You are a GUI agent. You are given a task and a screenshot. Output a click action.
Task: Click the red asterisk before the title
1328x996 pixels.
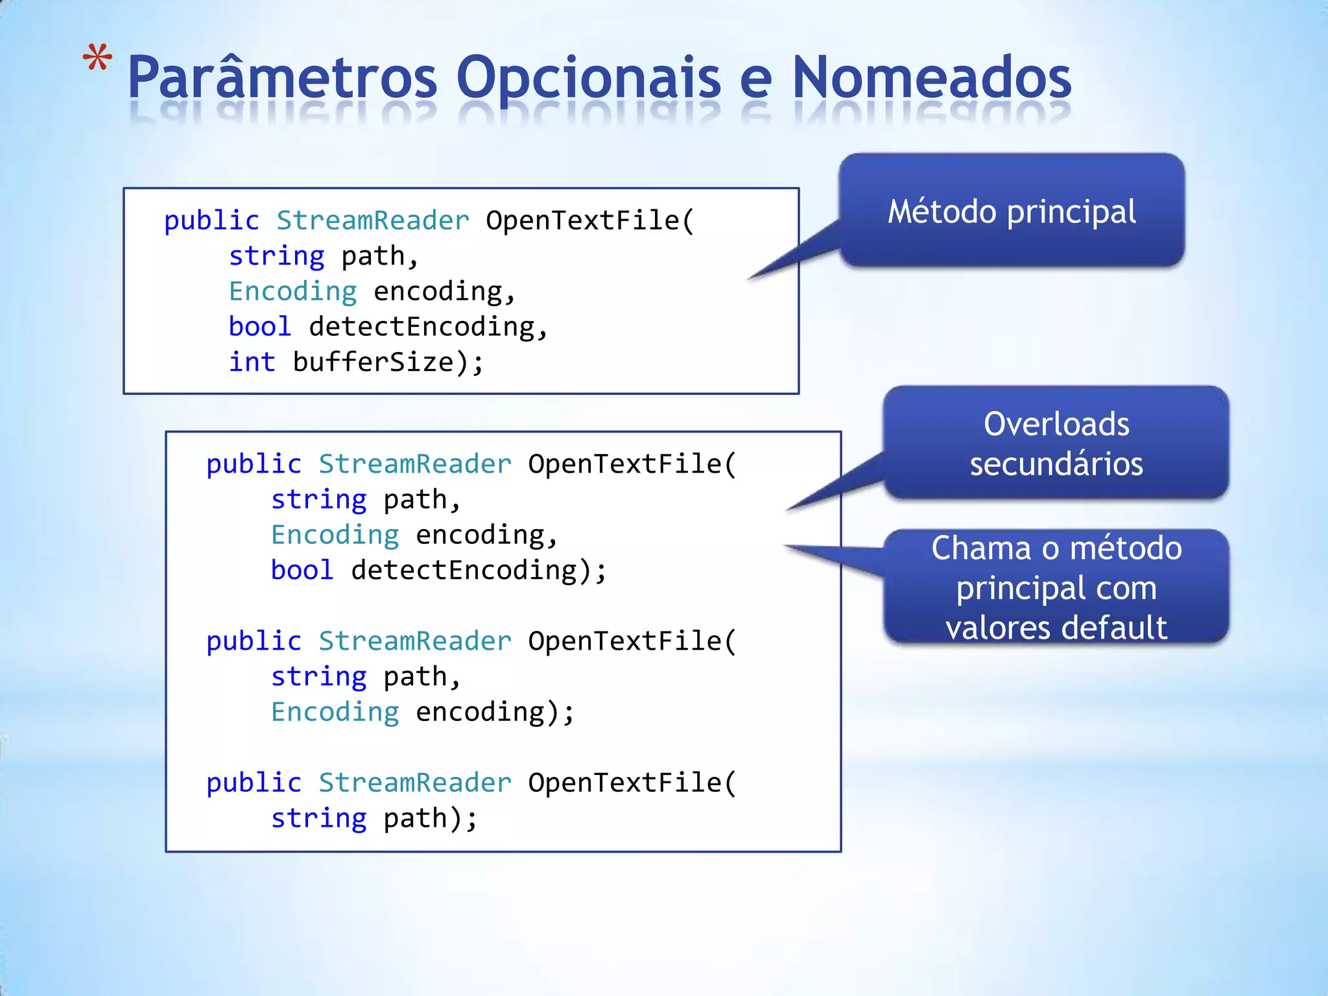pyautogui.click(x=97, y=60)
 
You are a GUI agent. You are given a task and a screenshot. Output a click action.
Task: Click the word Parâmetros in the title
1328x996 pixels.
pyautogui.click(x=283, y=78)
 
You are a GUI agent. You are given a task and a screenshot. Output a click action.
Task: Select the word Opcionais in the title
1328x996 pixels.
pyautogui.click(x=588, y=78)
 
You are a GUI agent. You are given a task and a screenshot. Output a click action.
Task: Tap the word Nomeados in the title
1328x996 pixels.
pyautogui.click(x=931, y=78)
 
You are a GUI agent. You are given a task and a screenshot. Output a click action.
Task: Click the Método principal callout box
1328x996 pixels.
pyautogui.click(x=1012, y=211)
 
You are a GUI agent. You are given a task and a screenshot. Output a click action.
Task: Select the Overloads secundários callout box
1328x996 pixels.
pyautogui.click(x=1056, y=443)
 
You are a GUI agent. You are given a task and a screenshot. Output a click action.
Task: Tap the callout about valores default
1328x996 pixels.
pyautogui.click(x=1056, y=587)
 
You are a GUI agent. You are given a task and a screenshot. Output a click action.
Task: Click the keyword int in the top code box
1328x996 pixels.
pyautogui.click(x=252, y=362)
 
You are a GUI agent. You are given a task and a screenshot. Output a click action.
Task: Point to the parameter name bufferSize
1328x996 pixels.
pyautogui.click(x=373, y=362)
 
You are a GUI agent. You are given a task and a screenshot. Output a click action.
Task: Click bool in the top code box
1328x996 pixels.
pyautogui.click(x=259, y=326)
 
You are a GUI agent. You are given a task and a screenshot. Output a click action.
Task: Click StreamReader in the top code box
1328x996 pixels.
pyautogui.click(x=373, y=220)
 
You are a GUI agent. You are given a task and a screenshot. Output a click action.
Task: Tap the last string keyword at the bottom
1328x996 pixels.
pyautogui.click(x=318, y=818)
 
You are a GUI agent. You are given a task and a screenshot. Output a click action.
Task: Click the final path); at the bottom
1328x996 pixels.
pyautogui.click(x=430, y=818)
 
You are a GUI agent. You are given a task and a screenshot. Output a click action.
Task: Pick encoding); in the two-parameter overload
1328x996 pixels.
pyautogui.click(x=494, y=712)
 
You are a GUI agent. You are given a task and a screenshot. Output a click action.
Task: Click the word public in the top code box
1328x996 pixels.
pyautogui.click(x=211, y=220)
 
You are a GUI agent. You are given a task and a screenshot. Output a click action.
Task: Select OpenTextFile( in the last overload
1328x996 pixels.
pyautogui.click(x=632, y=783)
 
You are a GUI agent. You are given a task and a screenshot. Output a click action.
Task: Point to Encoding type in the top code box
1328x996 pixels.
pyautogui.click(x=292, y=291)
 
